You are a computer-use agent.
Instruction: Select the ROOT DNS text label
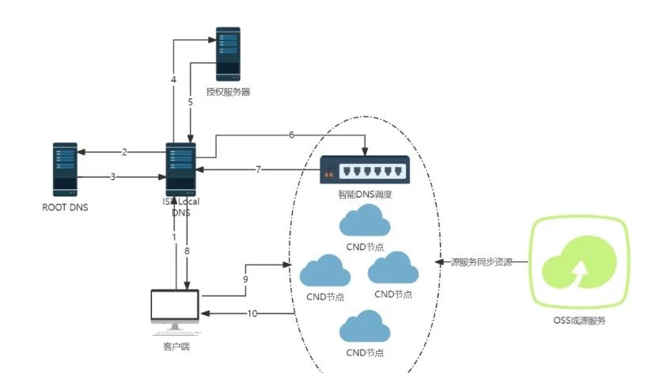coord(65,208)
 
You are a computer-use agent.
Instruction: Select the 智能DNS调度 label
coord(365,194)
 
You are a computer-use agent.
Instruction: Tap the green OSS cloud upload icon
coord(580,262)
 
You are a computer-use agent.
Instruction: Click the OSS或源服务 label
coord(580,321)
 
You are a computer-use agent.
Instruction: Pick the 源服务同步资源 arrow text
coord(481,261)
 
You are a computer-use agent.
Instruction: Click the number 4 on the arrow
coord(173,80)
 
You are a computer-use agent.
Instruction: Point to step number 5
coord(190,102)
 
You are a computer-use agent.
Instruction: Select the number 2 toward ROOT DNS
coord(124,151)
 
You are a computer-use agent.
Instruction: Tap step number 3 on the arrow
coord(113,177)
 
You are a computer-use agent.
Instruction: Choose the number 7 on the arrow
coord(258,169)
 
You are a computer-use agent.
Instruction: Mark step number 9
coord(245,279)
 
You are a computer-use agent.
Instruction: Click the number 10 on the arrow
coord(252,314)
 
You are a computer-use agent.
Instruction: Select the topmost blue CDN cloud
coord(365,221)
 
